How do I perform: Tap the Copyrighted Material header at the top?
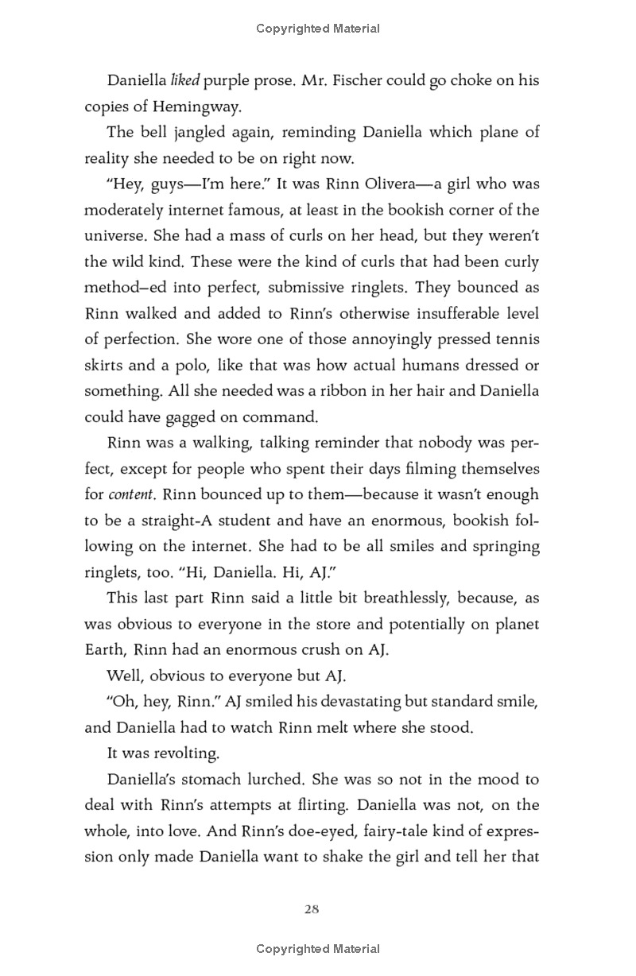pos(318,29)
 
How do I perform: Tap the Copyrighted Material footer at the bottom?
pos(318,949)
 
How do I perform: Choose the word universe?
pos(113,235)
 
